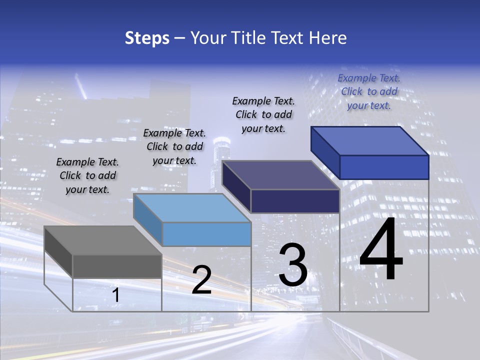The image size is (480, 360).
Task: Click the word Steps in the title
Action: [147, 38]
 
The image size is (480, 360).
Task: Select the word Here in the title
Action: [328, 38]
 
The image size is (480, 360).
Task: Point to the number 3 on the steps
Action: [293, 265]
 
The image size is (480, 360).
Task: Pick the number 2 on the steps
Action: [202, 280]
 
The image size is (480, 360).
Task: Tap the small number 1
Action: [116, 295]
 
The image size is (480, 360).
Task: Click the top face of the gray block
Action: [103, 240]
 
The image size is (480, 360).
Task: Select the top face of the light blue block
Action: [192, 207]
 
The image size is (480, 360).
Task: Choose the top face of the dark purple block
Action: [281, 175]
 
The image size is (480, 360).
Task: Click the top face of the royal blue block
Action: [370, 141]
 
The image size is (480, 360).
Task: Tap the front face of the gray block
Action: [117, 266]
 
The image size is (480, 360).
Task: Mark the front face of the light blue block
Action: [206, 234]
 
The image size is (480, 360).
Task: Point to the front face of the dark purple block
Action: [295, 201]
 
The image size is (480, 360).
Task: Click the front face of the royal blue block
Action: [384, 167]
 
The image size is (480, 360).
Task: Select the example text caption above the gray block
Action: [87, 175]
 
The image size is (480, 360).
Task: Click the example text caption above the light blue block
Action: [174, 146]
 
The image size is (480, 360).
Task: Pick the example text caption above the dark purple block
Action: [263, 114]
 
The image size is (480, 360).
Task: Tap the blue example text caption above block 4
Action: [369, 91]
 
